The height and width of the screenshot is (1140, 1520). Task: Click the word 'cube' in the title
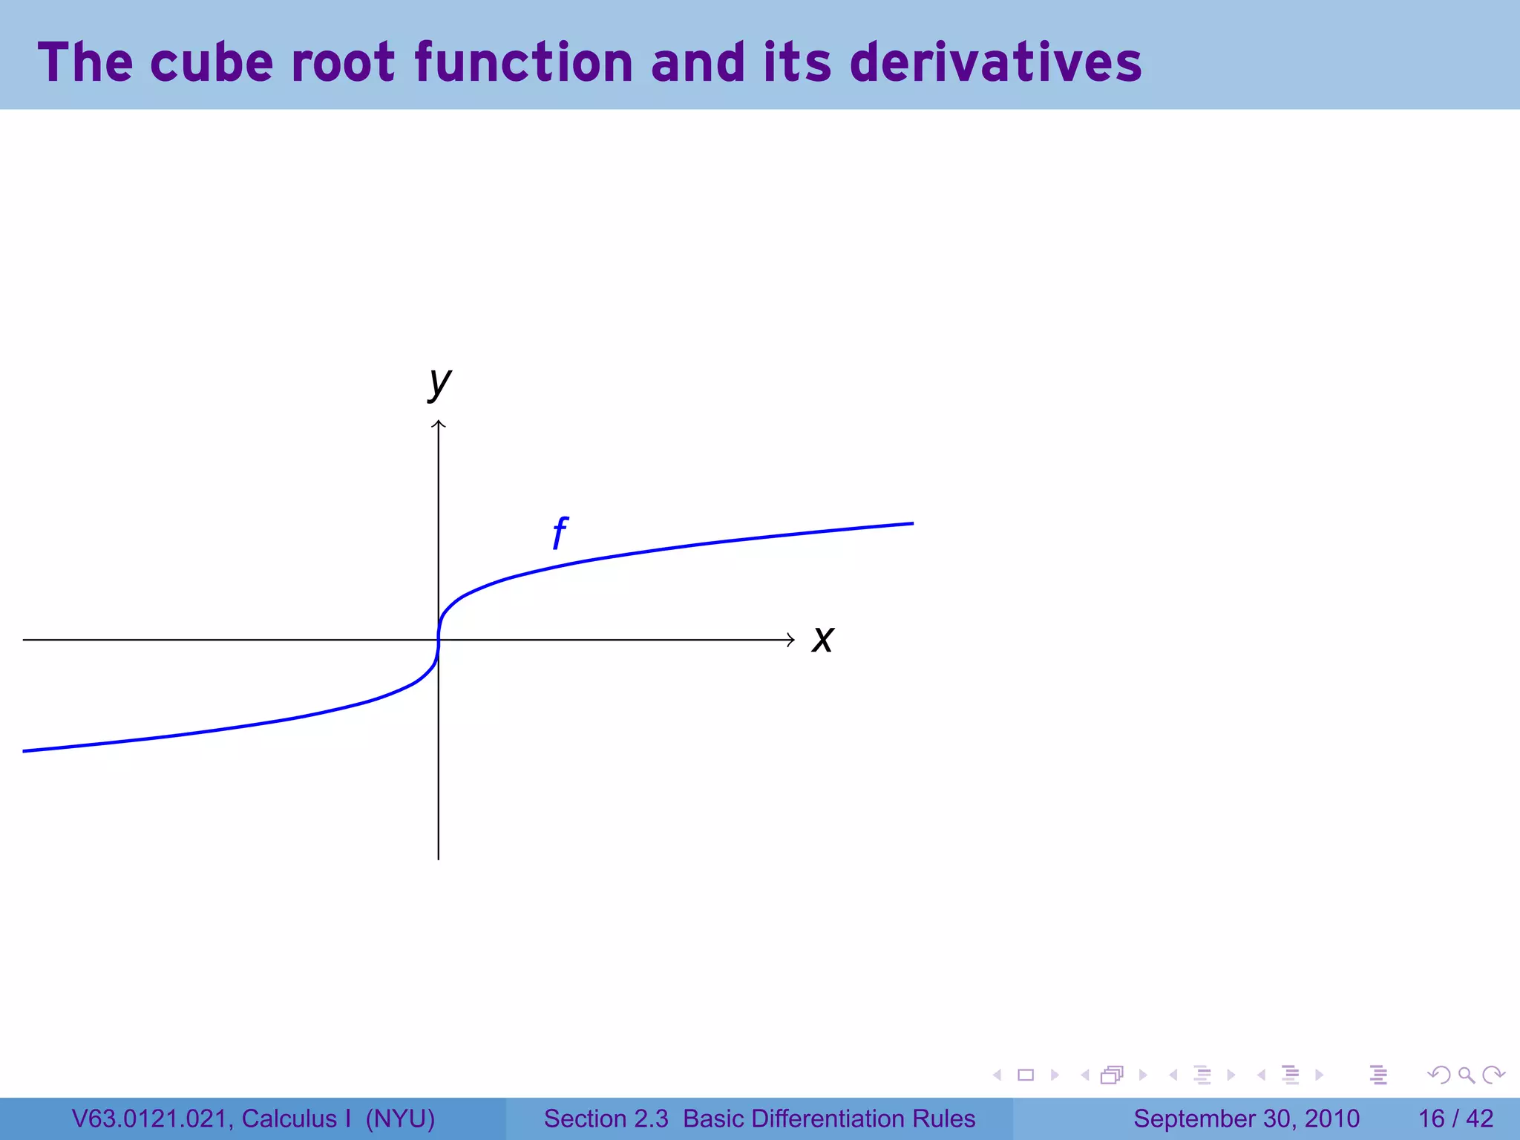212,62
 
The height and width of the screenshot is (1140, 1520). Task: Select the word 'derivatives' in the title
995,62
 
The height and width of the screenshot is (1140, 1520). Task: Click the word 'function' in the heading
523,62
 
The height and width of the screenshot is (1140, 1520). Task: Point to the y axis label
439,383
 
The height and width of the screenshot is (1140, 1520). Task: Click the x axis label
822,640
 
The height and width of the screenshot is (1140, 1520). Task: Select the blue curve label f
560,533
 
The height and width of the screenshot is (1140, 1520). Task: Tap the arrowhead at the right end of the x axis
791,640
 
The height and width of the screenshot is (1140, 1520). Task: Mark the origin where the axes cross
439,640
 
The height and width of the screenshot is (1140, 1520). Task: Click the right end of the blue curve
911,524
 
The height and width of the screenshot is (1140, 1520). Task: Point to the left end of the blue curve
25,751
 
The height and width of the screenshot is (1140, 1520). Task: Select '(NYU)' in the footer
400,1118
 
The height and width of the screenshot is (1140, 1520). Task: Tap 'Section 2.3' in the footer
606,1118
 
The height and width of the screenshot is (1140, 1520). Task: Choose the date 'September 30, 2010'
1246,1118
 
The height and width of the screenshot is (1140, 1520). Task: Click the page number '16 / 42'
1455,1118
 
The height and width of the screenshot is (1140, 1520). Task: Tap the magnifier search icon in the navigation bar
1466,1075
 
